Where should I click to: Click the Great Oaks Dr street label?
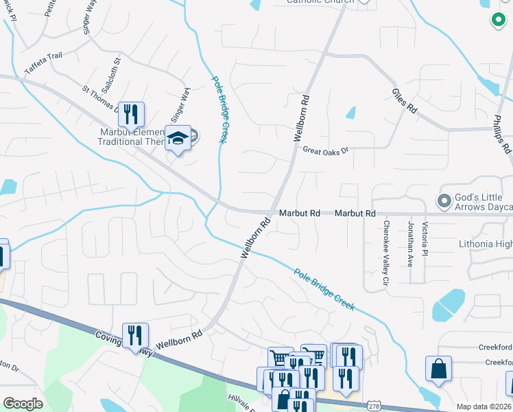tap(326, 149)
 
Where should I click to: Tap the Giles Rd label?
tap(405, 100)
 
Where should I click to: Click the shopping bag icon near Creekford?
tap(438, 369)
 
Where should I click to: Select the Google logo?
tap(23, 404)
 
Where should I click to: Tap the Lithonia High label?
tap(484, 244)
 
